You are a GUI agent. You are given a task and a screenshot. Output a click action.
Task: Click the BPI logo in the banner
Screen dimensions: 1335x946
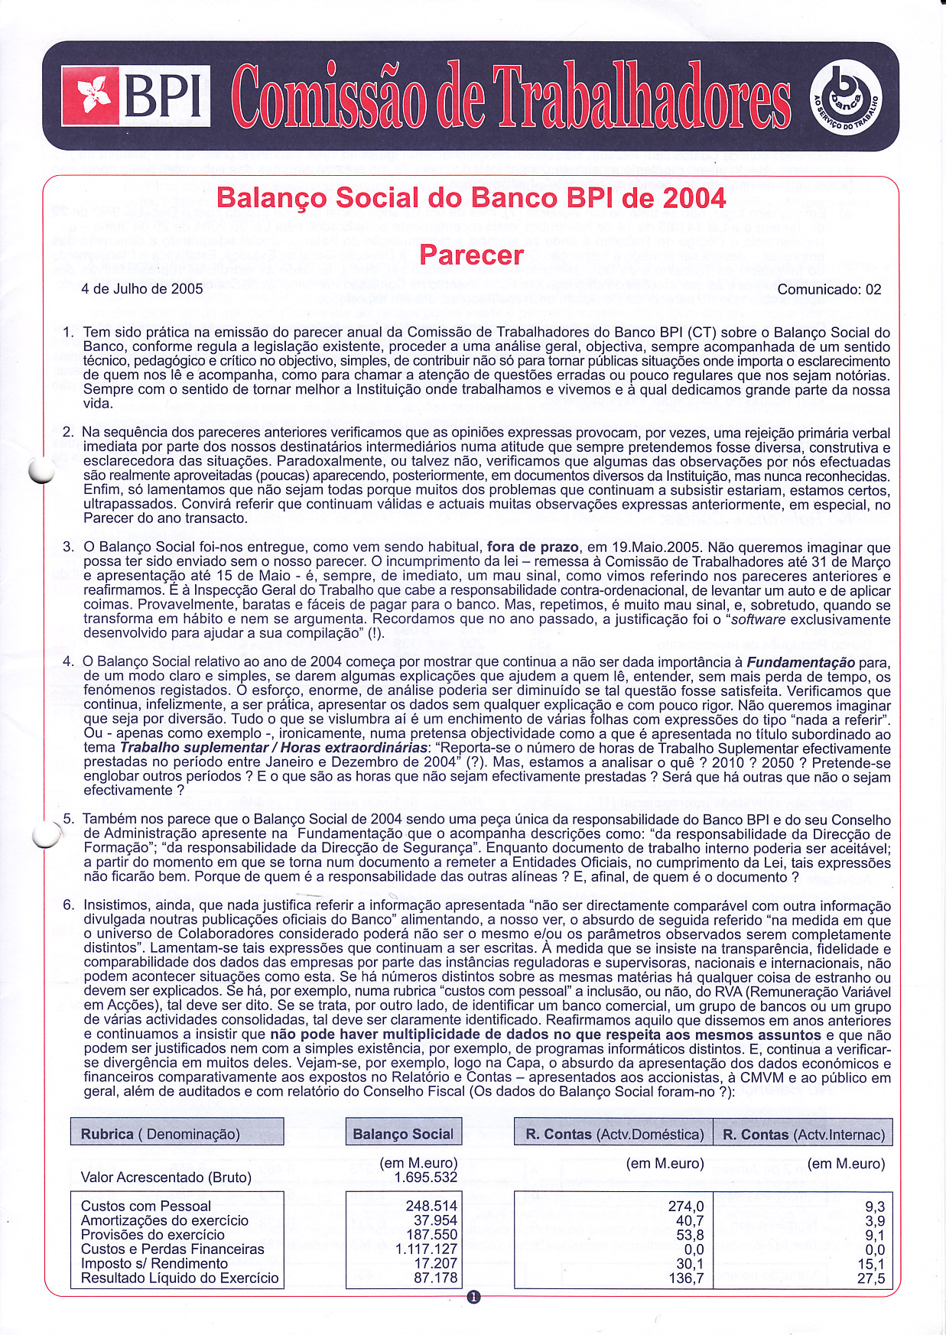tap(135, 96)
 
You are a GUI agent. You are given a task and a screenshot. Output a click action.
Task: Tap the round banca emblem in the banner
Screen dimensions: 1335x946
tap(844, 96)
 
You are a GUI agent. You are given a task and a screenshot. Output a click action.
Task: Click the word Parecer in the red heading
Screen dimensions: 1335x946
tap(472, 255)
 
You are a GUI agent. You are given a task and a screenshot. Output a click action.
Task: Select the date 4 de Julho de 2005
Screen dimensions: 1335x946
tap(142, 289)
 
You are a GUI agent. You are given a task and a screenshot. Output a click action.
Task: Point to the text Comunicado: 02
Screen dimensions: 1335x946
tap(829, 290)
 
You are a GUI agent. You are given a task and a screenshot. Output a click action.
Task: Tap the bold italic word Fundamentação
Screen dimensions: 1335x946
tap(801, 662)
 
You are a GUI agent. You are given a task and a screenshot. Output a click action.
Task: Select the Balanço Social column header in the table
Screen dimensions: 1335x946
tap(403, 1134)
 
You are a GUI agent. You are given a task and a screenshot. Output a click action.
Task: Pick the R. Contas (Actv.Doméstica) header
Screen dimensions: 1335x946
tap(614, 1134)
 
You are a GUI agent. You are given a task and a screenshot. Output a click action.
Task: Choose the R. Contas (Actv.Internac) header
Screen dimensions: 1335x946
tap(803, 1134)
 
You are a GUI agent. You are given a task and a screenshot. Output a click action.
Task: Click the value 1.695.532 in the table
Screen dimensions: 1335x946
tap(425, 1177)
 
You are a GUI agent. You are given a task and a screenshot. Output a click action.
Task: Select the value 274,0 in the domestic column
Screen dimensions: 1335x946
tap(686, 1206)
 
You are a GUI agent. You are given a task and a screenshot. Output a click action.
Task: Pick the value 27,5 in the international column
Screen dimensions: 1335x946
tap(871, 1278)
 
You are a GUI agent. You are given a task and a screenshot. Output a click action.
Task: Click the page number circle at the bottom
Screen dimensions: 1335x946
tap(473, 1297)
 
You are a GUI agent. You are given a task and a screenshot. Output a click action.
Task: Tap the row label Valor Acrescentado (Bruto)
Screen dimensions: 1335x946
tap(166, 1177)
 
